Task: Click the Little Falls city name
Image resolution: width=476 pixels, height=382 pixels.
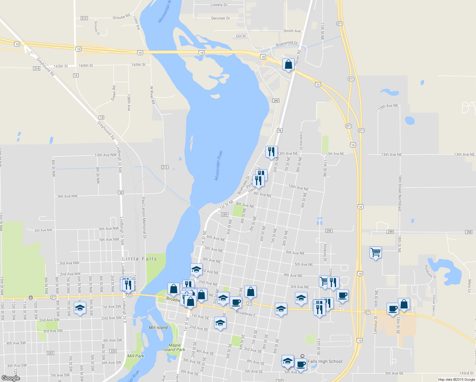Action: point(140,259)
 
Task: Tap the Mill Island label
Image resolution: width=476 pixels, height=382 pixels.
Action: point(158,328)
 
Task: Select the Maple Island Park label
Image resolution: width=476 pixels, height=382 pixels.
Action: point(174,347)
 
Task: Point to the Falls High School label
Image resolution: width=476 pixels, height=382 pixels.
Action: point(325,361)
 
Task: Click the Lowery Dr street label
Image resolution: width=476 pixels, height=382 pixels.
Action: point(219,5)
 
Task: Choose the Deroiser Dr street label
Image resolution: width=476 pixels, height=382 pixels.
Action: point(220,18)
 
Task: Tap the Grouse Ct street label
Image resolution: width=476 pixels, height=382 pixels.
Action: point(97,28)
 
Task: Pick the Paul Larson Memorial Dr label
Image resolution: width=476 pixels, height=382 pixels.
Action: point(144,218)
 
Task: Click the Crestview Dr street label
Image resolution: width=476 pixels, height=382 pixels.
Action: point(301,141)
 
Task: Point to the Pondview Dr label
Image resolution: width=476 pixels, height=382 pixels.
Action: point(431,272)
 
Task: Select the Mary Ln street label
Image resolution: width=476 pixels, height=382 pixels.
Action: point(469,286)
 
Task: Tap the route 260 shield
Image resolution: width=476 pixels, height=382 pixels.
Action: point(276,101)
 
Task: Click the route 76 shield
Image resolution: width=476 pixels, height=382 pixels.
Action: point(280,131)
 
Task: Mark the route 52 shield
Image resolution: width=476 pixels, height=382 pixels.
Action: point(121,193)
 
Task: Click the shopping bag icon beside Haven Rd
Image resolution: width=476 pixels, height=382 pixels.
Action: point(288,65)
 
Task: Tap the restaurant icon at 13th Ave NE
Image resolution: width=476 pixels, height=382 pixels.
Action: point(271,152)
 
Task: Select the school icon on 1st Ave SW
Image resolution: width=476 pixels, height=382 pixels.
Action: point(80,308)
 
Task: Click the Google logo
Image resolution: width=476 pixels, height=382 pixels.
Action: point(10,378)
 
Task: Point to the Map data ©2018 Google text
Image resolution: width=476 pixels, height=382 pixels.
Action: point(456,379)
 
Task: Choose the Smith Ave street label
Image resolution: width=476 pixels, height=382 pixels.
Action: point(292,31)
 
